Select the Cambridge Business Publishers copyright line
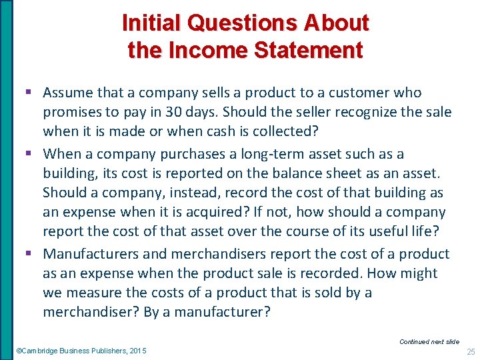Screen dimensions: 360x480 (x=81, y=351)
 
